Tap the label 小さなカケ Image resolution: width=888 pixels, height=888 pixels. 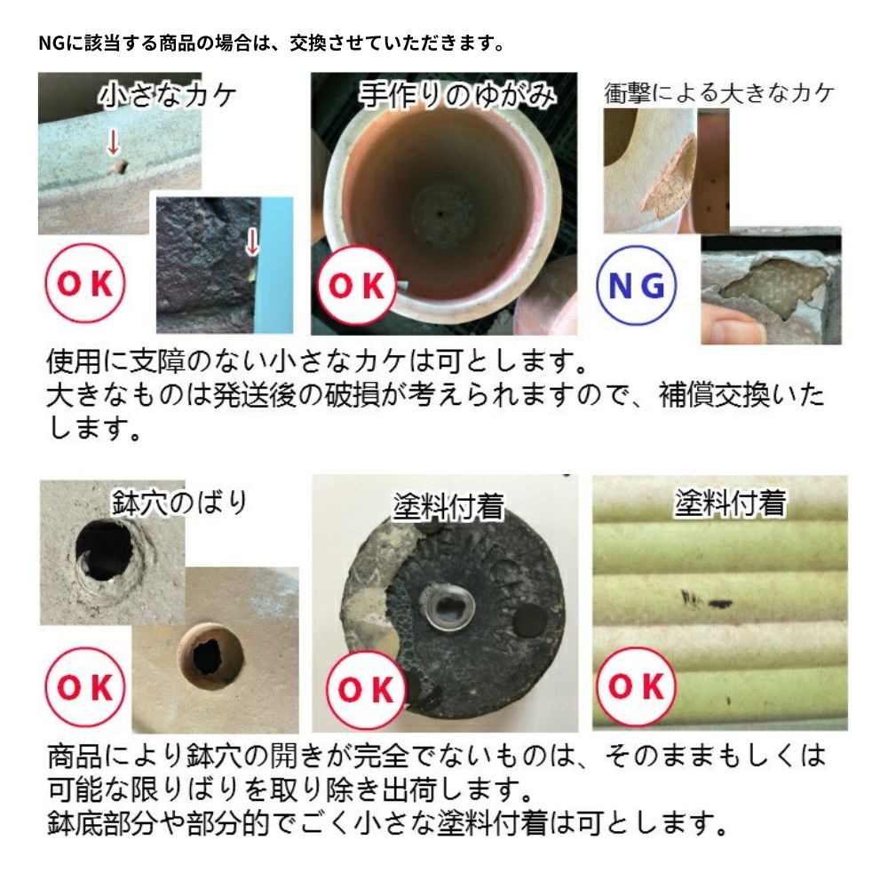pyautogui.click(x=168, y=94)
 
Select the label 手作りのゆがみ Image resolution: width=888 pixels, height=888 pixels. pyautogui.click(x=443, y=94)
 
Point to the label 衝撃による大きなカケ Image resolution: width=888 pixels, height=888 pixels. pyautogui.click(x=719, y=93)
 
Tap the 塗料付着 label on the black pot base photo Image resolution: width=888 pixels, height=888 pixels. pyautogui.click(x=448, y=507)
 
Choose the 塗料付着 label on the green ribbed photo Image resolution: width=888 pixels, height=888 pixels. pyautogui.click(x=729, y=503)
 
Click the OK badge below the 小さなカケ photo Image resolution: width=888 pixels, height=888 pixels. pyautogui.click(x=85, y=285)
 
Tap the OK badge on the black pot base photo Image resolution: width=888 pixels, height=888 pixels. pyautogui.click(x=366, y=689)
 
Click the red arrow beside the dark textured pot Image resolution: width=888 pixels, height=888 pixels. pyautogui.click(x=251, y=241)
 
